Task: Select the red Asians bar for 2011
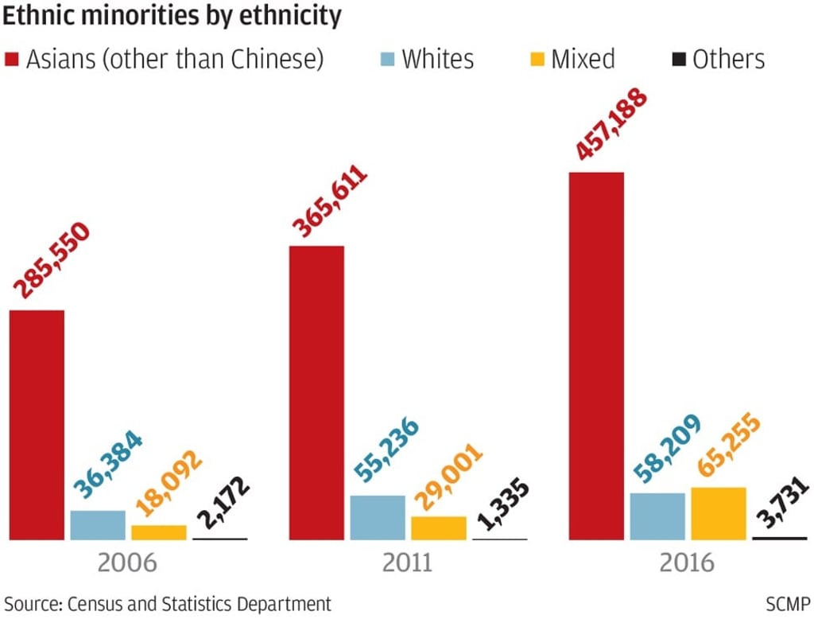316,393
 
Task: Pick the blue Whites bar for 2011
378,518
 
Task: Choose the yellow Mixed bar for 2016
719,514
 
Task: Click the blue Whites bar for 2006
98,525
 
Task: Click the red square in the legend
12,60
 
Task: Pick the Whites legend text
437,59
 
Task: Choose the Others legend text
728,59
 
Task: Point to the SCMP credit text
787,602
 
